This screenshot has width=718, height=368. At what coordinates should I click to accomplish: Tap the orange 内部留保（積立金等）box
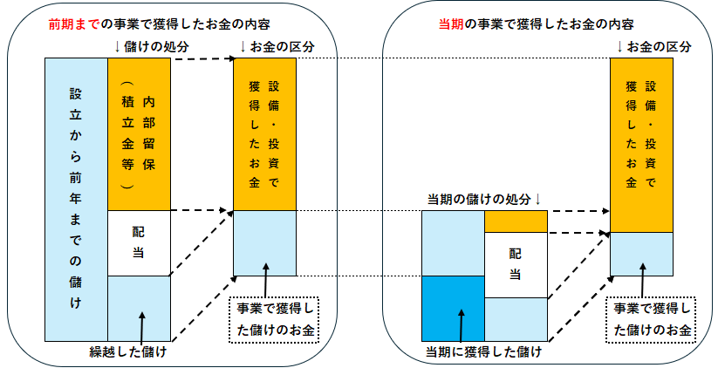(x=139, y=134)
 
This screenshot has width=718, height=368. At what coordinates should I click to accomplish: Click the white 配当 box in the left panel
(x=139, y=242)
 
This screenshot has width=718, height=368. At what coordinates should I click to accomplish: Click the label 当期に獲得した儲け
(x=483, y=352)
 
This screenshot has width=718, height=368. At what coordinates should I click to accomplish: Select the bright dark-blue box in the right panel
(x=453, y=308)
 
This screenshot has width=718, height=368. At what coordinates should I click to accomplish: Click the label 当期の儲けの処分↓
(x=484, y=200)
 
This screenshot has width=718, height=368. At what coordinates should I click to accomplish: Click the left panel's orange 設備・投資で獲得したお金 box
(x=265, y=134)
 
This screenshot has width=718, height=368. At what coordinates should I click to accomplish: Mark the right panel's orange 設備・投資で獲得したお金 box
(x=641, y=145)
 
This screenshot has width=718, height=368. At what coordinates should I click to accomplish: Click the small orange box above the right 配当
(x=516, y=221)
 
